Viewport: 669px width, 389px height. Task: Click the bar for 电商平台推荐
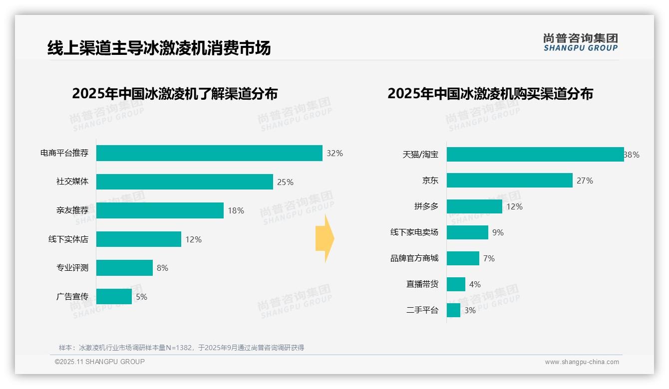(x=209, y=153)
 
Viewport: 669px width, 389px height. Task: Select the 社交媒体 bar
(x=184, y=182)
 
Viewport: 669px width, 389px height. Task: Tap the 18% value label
(x=236, y=210)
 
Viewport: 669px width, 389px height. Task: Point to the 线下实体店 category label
(x=68, y=239)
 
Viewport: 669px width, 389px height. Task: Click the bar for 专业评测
(x=124, y=268)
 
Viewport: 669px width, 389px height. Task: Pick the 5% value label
(x=141, y=297)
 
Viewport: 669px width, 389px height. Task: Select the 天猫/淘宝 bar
(x=535, y=155)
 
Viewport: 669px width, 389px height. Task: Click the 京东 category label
(x=430, y=181)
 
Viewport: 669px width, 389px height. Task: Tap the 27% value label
(x=585, y=181)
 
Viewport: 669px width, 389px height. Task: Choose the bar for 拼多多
(x=474, y=206)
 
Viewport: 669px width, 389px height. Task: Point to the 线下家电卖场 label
(x=414, y=232)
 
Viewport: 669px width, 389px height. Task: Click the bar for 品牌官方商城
(x=463, y=258)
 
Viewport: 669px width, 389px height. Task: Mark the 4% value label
(x=475, y=284)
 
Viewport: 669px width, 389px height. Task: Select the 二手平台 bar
(x=453, y=310)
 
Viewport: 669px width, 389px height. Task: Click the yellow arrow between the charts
(x=325, y=238)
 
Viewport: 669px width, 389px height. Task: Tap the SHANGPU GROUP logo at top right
(x=580, y=42)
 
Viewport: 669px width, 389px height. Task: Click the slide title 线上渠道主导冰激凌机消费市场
(x=159, y=48)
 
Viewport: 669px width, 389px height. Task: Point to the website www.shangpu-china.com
(x=582, y=362)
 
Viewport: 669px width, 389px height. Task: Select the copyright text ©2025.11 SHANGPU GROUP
(x=100, y=362)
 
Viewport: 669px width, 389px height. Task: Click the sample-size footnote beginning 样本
(x=181, y=348)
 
